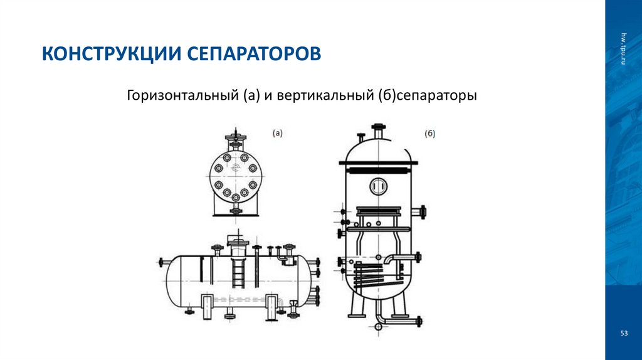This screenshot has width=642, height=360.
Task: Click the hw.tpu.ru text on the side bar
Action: [x=624, y=47]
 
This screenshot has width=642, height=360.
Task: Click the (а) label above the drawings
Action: [x=278, y=133]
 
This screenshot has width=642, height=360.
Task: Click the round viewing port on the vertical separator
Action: [x=378, y=186]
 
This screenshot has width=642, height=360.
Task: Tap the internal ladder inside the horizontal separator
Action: [x=238, y=273]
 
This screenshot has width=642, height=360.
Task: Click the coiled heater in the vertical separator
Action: [x=374, y=275]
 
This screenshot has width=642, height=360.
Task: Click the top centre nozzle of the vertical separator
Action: [x=379, y=132]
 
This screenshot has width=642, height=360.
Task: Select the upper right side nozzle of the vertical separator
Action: [x=424, y=212]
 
